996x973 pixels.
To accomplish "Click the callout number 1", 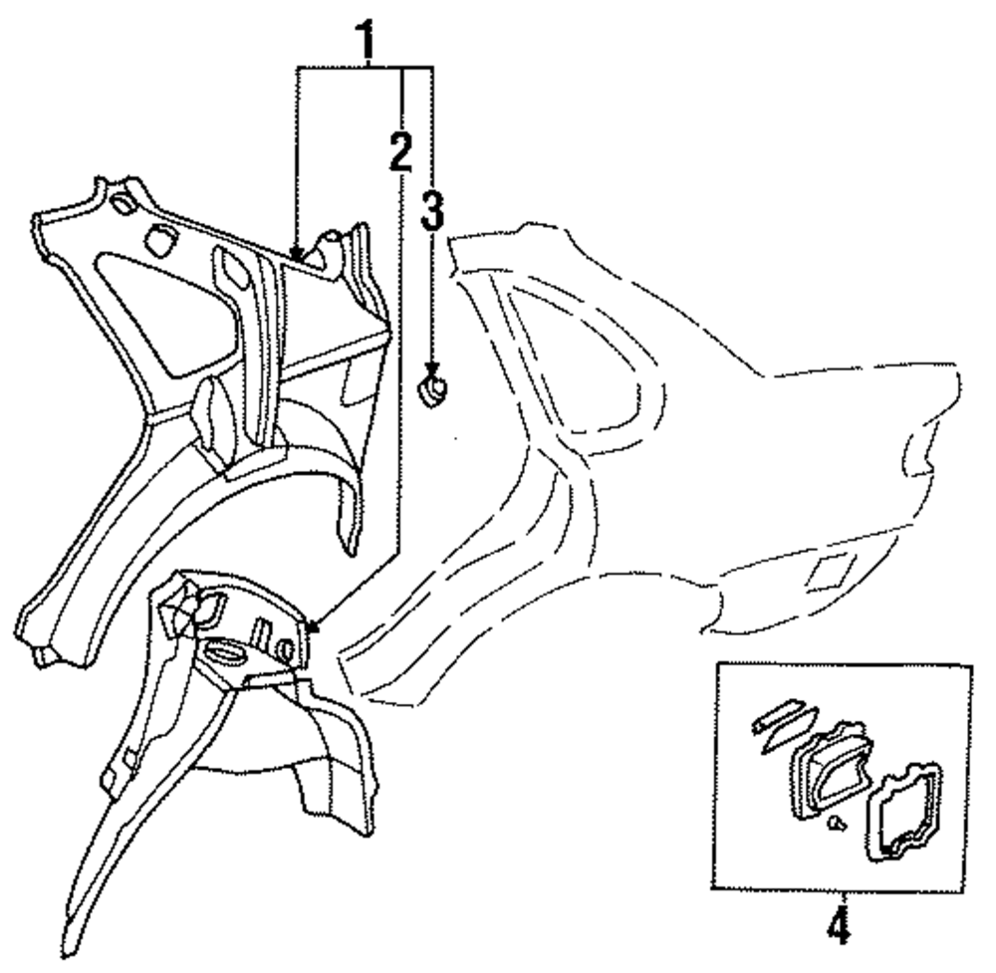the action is pyautogui.click(x=368, y=42).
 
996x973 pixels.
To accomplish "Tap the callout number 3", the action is pyautogui.click(x=431, y=212).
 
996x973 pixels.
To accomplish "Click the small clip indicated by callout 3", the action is pyautogui.click(x=431, y=389).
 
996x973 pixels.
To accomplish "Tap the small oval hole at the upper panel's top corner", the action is pyautogui.click(x=122, y=205).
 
